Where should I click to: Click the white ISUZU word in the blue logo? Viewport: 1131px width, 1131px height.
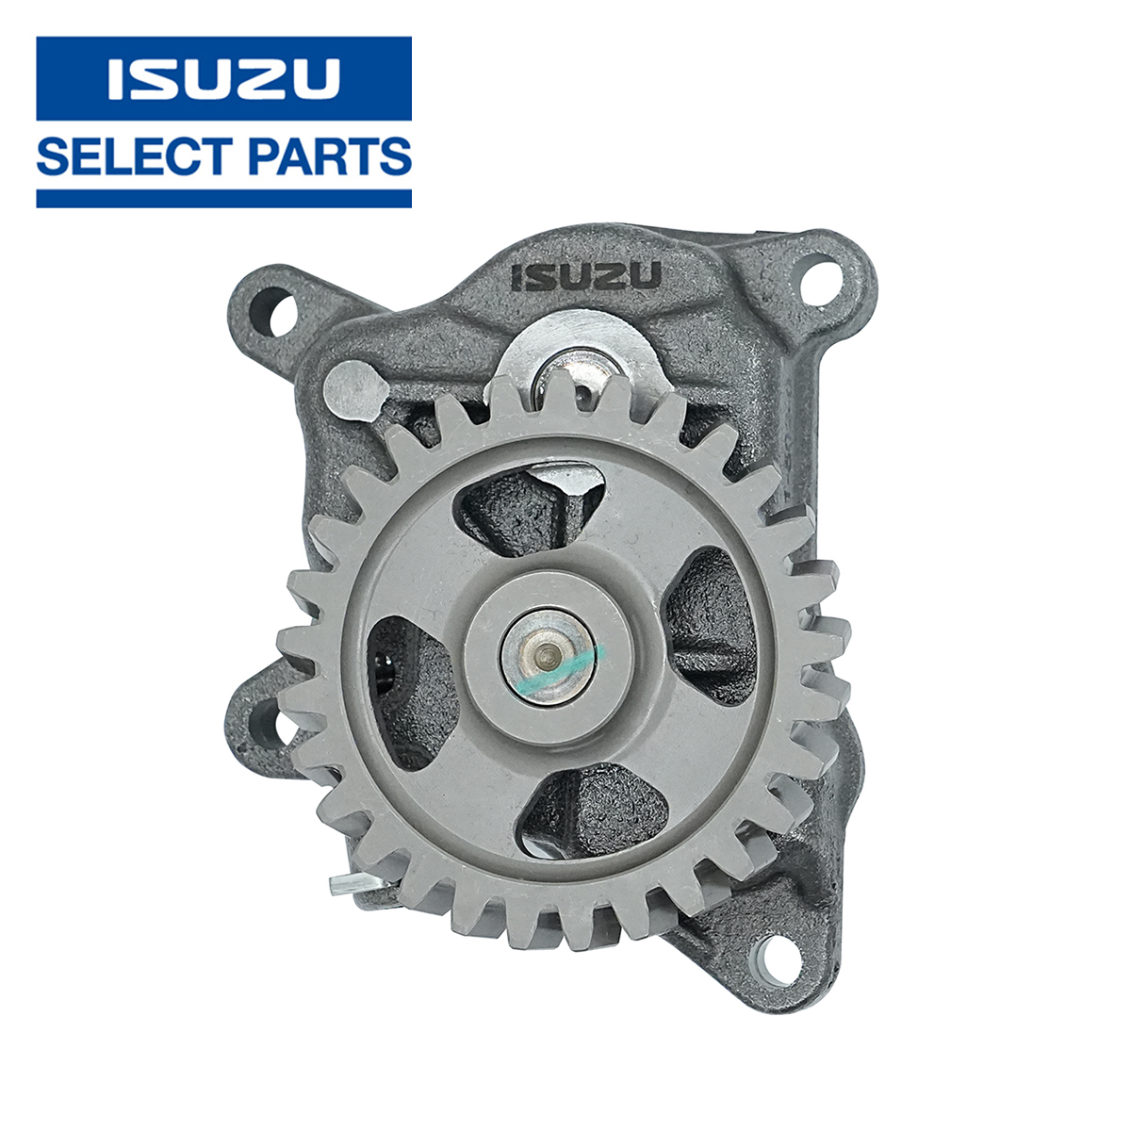coord(223,78)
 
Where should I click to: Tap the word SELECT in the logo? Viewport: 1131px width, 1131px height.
coord(131,156)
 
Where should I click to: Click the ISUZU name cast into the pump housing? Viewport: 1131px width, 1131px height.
coord(586,275)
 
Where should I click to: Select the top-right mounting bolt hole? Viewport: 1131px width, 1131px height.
coord(819,287)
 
